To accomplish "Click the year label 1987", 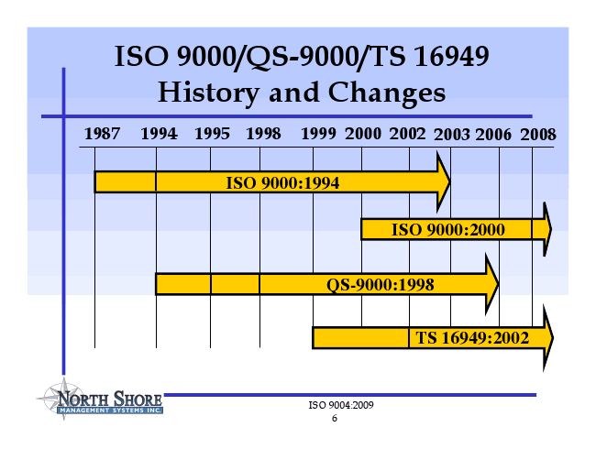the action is [102, 134].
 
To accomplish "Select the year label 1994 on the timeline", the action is [159, 134].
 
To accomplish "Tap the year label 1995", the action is [212, 134].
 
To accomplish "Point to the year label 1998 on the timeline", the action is [263, 134].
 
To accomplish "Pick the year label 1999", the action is [318, 134].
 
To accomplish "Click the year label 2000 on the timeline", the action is [363, 134].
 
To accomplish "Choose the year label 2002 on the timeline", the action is [407, 134].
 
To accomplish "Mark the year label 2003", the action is [452, 135].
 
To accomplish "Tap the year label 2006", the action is [493, 135].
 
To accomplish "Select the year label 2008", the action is [538, 135].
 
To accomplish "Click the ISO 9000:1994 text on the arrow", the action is [282, 183].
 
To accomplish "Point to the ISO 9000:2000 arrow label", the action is [448, 230].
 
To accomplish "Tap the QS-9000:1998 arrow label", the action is [381, 284].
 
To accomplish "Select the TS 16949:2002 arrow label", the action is [472, 338].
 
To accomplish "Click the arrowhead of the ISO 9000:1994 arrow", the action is [444, 182].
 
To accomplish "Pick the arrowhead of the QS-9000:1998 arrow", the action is [491, 284].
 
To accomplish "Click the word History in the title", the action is [209, 93].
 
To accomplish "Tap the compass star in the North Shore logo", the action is [63, 398].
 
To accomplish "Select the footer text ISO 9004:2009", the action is [341, 405].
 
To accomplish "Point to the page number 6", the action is [335, 418].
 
